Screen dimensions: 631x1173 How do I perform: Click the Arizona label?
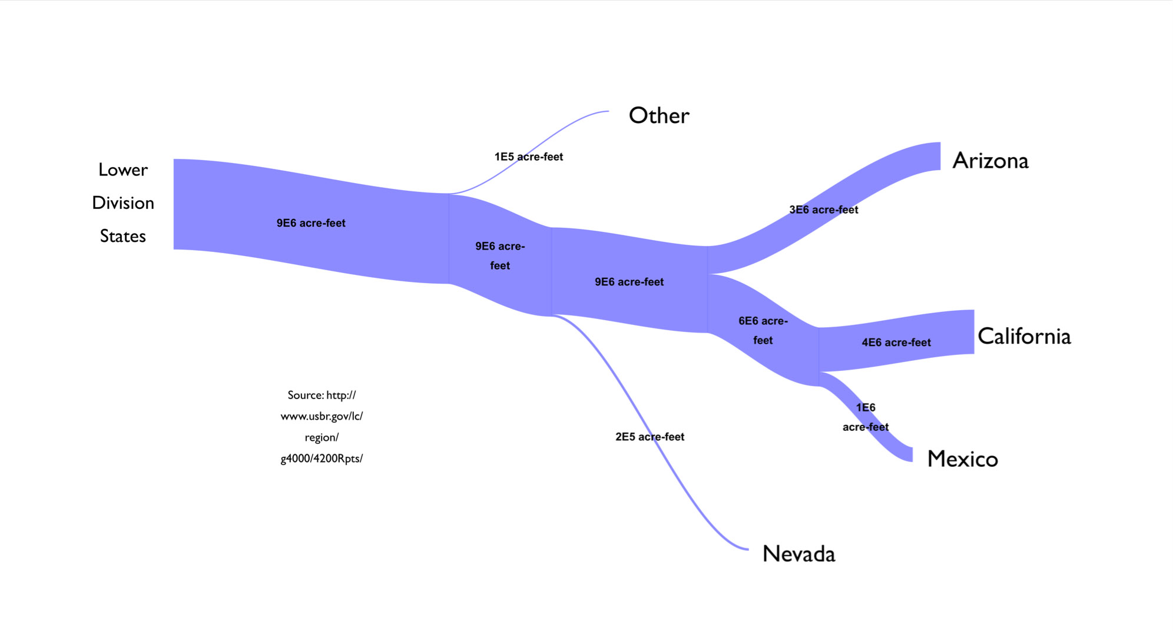tap(990, 161)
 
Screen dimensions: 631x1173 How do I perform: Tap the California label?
tap(1024, 336)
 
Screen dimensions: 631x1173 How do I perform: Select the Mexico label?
tap(962, 459)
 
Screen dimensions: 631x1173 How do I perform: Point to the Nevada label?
tap(798, 554)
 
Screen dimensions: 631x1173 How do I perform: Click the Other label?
tap(659, 115)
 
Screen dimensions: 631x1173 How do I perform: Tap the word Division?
tap(123, 203)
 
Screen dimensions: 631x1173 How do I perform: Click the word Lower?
tap(123, 170)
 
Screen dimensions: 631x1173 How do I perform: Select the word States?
tap(123, 236)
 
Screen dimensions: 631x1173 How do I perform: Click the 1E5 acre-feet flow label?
tap(528, 157)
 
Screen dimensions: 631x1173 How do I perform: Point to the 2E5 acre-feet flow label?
tap(650, 437)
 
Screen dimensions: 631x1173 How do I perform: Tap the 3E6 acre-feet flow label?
tap(823, 210)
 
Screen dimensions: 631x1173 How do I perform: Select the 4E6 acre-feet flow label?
tap(896, 343)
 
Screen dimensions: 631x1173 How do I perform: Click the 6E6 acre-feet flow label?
tap(763, 330)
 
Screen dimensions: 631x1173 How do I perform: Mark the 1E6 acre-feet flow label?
tap(865, 417)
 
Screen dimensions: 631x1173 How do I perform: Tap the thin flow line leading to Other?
tap(565, 125)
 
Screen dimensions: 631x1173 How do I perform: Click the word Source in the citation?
tap(305, 395)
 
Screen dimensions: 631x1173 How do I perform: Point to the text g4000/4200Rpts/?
tap(322, 459)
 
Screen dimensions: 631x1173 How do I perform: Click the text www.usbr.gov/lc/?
tap(322, 416)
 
